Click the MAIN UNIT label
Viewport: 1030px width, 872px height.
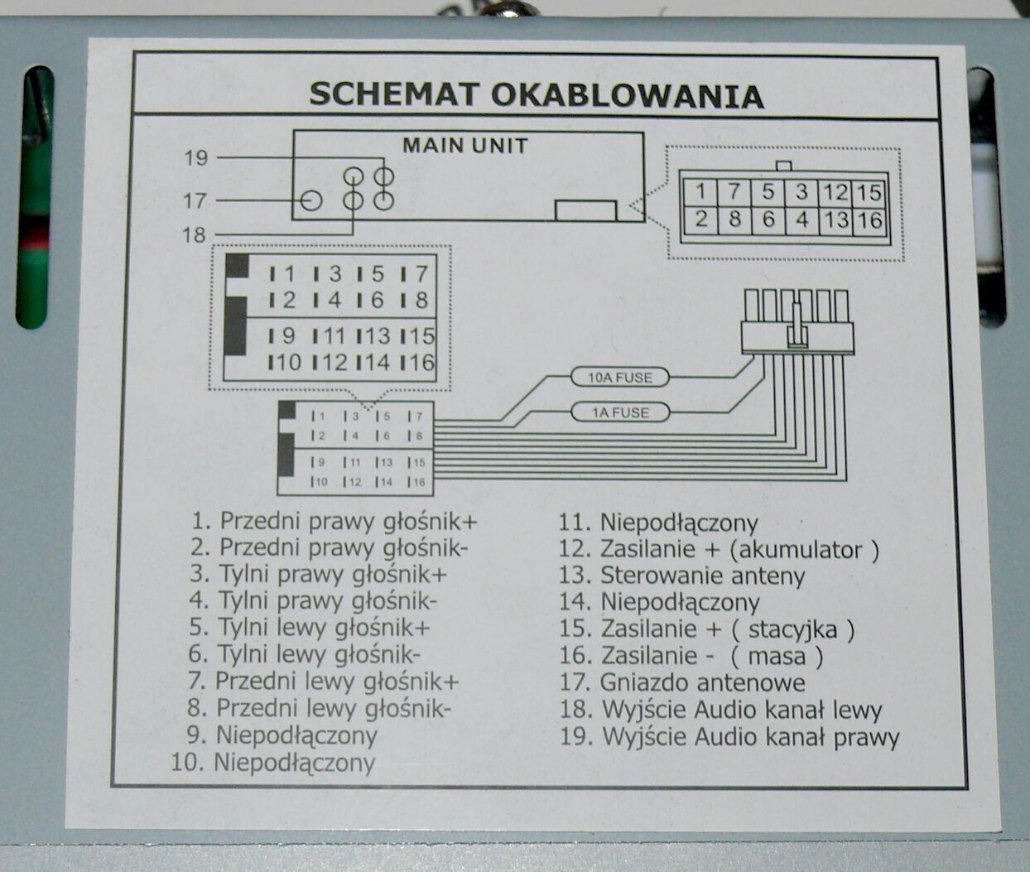point(465,146)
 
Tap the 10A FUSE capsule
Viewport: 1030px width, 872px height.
point(620,377)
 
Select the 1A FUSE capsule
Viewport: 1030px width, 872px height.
point(620,412)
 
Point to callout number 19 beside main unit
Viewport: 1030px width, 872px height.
point(196,158)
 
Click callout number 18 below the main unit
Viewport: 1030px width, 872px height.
point(195,234)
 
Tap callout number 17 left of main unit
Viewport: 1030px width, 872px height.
point(195,200)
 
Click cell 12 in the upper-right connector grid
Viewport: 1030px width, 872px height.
point(835,192)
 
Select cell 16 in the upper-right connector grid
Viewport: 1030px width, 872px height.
point(869,219)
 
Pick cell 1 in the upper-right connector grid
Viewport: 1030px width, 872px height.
point(700,191)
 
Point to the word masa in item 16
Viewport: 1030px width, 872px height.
point(777,656)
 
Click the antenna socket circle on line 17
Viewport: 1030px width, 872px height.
point(302,201)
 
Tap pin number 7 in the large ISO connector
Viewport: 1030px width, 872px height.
point(421,273)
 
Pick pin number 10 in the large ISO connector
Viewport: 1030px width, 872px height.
point(288,362)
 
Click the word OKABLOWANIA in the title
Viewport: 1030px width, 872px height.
point(628,96)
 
